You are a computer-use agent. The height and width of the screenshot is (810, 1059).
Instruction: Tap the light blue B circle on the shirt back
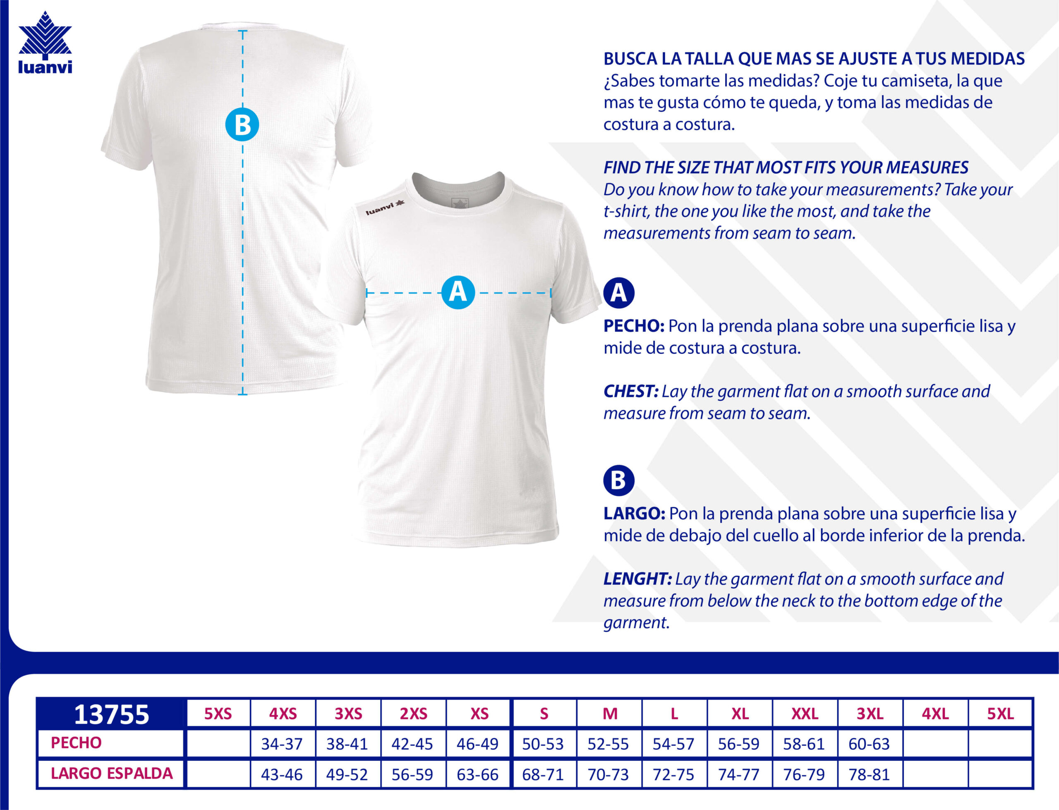pyautogui.click(x=242, y=124)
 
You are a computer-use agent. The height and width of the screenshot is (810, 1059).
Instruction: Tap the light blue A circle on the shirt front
pyautogui.click(x=458, y=292)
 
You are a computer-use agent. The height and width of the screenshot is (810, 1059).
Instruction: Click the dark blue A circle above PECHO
pyautogui.click(x=619, y=293)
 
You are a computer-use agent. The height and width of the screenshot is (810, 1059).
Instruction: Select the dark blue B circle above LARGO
pyautogui.click(x=619, y=480)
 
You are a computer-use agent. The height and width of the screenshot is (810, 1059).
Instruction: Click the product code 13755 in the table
pyautogui.click(x=111, y=714)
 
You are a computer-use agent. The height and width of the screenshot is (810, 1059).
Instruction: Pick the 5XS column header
pyautogui.click(x=218, y=714)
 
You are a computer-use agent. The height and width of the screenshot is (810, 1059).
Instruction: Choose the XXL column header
pyautogui.click(x=804, y=714)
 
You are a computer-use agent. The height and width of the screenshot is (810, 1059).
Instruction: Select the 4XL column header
pyautogui.click(x=935, y=714)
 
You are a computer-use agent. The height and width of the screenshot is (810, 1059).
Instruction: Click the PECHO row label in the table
pyautogui.click(x=76, y=743)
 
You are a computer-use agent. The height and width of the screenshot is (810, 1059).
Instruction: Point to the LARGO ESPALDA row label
pyautogui.click(x=111, y=773)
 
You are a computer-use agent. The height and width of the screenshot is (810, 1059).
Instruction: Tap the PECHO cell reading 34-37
pyautogui.click(x=282, y=744)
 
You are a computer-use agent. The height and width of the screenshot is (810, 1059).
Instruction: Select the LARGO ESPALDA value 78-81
pyautogui.click(x=869, y=774)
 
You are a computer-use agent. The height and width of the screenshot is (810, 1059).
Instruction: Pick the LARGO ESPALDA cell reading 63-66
pyautogui.click(x=477, y=774)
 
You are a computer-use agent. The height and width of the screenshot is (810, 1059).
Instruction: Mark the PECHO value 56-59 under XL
pyautogui.click(x=738, y=744)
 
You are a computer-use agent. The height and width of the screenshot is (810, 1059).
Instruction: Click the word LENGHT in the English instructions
pyautogui.click(x=637, y=578)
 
